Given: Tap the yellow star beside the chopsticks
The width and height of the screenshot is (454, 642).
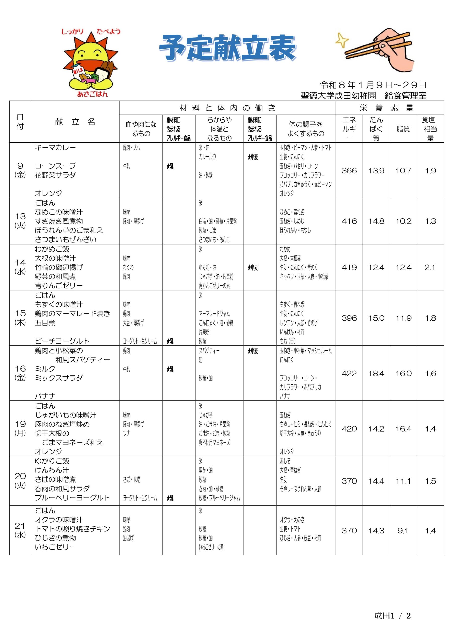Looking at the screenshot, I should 342,40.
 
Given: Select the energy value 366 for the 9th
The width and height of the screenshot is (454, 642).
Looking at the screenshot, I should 349,171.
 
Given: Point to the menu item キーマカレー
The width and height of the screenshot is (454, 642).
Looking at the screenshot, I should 55,148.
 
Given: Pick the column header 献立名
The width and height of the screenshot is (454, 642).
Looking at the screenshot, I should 75,122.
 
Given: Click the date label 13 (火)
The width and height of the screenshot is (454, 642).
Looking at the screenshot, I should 20,221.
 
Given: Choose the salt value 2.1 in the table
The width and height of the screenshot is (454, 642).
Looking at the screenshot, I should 430,268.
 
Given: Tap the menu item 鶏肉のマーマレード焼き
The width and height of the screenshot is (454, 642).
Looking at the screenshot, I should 73,314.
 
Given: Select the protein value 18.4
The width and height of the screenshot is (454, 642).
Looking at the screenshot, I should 376,374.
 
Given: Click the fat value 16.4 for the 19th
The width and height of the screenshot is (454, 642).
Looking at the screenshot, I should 403,429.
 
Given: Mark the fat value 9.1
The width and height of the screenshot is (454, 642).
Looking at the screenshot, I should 403,531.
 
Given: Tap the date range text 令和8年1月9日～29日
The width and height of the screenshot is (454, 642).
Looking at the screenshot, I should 373,85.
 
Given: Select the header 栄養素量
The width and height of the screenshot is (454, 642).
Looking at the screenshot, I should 389,108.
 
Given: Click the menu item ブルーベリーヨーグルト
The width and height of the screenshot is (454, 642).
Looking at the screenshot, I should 73,498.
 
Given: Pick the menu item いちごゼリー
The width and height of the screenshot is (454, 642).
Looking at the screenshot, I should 55,547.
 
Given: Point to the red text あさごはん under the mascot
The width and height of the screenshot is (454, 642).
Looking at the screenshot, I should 92,94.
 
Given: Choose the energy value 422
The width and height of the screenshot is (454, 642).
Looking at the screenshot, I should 349,374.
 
